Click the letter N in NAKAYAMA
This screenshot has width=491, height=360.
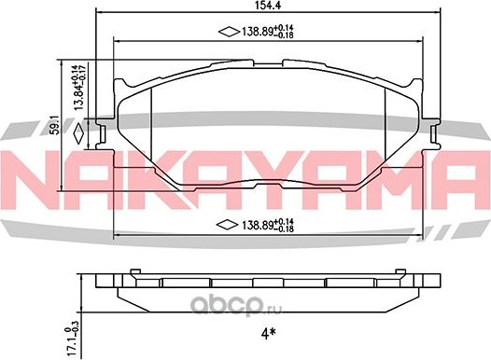(x=34, y=177)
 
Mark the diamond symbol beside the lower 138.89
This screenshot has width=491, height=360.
(x=226, y=225)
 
